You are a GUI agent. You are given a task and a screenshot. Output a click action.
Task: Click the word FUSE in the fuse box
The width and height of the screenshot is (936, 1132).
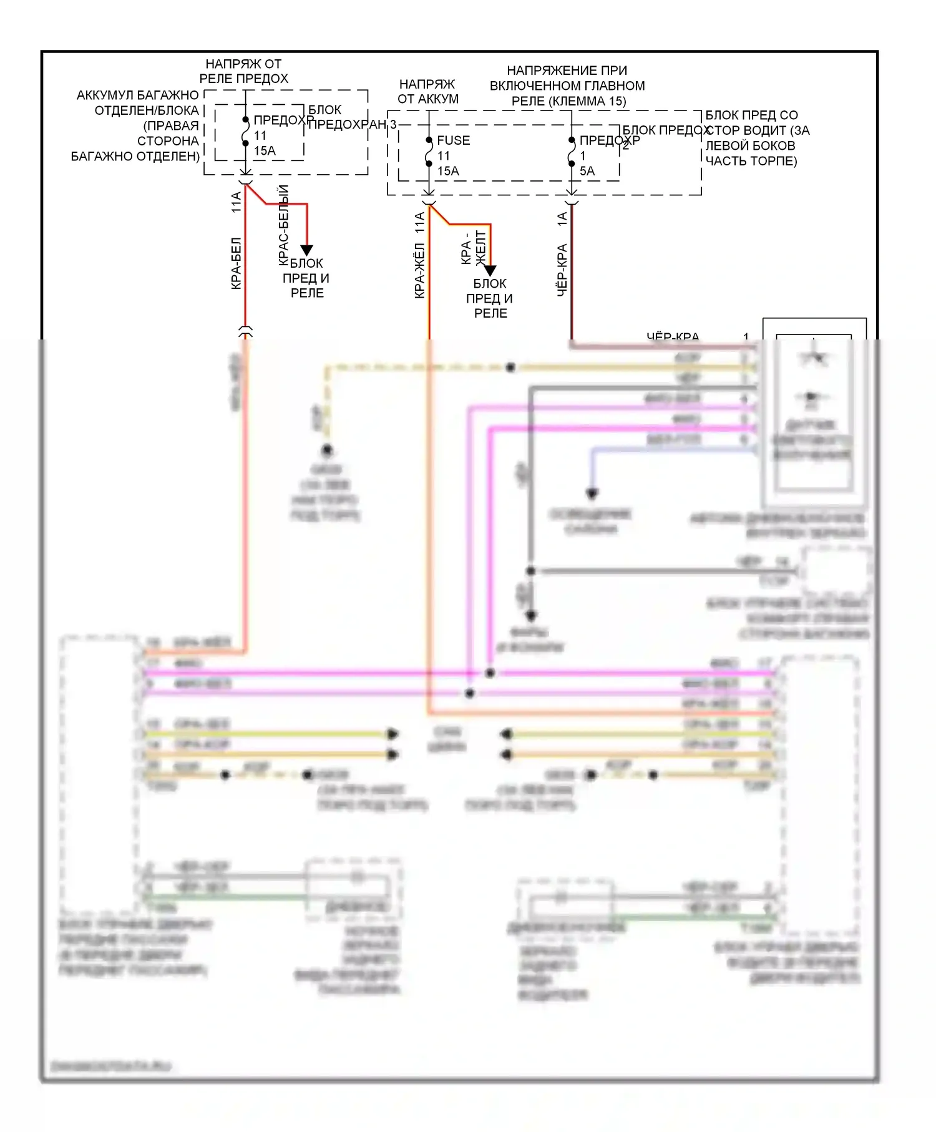click(x=453, y=140)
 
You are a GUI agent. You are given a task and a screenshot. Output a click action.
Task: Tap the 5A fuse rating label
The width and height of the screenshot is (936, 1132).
click(x=587, y=171)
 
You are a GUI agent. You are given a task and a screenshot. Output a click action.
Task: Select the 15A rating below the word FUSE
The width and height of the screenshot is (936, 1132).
click(x=448, y=171)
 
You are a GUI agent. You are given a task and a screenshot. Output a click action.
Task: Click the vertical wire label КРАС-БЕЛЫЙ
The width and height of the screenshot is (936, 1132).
click(x=283, y=225)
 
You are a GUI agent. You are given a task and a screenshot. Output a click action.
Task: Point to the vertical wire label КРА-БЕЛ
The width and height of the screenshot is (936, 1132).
click(x=236, y=263)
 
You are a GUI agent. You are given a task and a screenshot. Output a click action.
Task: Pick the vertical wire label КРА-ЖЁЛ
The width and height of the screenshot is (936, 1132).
click(x=419, y=270)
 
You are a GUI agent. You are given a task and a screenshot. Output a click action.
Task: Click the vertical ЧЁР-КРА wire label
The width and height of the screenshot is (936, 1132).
click(x=562, y=270)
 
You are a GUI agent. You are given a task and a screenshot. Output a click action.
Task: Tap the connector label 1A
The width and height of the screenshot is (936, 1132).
click(x=562, y=219)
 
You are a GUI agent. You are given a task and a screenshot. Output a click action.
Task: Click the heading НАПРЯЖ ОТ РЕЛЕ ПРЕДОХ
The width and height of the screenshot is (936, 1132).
click(x=243, y=71)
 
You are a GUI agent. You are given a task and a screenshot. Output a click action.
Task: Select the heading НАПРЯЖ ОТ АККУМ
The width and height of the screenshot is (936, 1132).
click(x=428, y=91)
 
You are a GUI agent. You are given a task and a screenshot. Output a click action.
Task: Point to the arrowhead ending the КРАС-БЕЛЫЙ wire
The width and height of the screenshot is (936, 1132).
click(x=306, y=250)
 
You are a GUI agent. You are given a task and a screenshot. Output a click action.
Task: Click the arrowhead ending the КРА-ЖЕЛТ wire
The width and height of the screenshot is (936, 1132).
click(x=490, y=270)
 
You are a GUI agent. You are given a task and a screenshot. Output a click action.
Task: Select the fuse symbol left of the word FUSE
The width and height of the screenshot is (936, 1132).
click(x=429, y=152)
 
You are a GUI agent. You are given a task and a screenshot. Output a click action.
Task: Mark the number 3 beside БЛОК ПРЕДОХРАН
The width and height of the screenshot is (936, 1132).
click(x=393, y=124)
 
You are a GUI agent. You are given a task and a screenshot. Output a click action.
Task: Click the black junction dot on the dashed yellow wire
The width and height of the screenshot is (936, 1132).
click(x=510, y=368)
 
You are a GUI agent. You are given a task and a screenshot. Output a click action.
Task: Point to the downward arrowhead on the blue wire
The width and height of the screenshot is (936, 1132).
click(x=592, y=494)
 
